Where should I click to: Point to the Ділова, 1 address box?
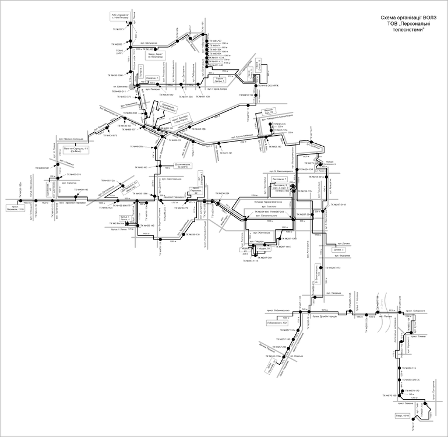point(340,250)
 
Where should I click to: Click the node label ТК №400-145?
point(78,189)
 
